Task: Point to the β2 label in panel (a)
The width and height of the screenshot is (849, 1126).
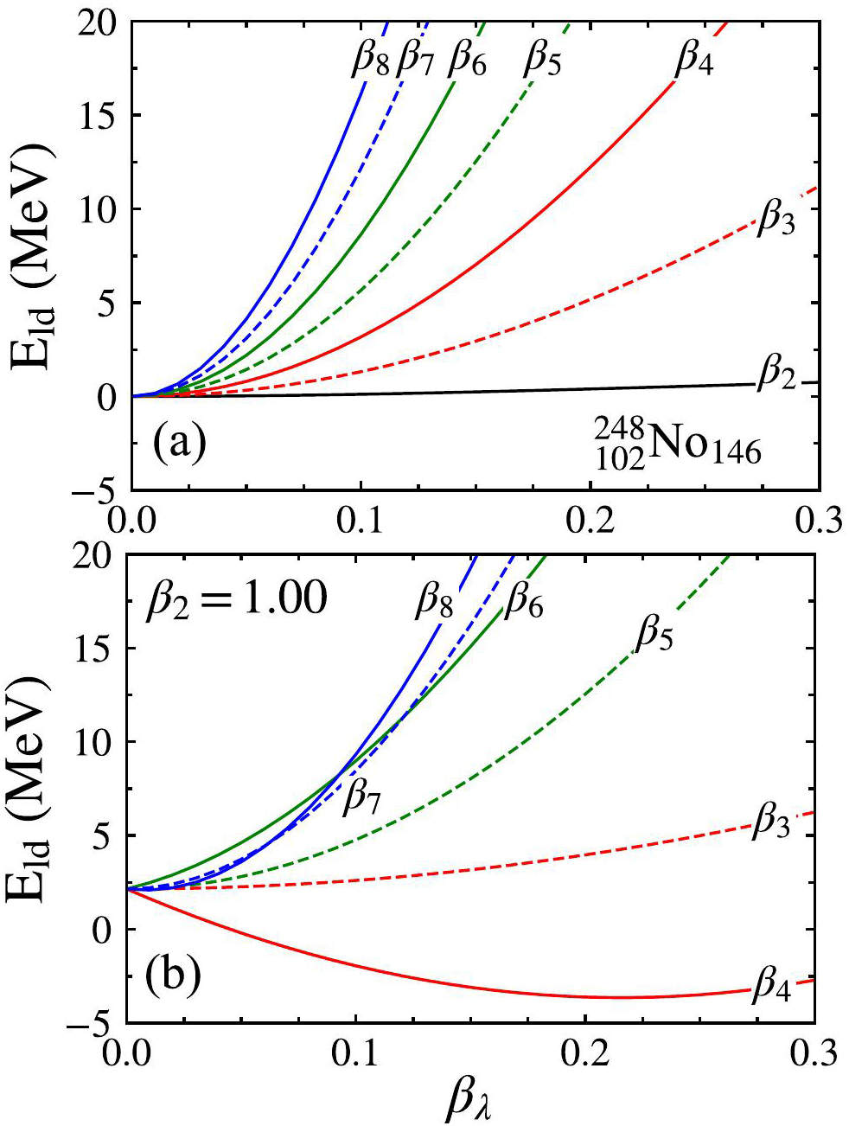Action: pos(776,377)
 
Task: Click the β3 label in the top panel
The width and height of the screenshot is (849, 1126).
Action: pos(776,218)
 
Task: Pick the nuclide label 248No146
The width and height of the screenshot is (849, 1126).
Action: pos(678,443)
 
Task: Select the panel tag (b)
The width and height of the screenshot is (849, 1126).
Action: pos(173,974)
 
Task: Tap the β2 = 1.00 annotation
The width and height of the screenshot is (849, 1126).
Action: pos(236,598)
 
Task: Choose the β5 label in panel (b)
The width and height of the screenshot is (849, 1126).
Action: pos(654,636)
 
